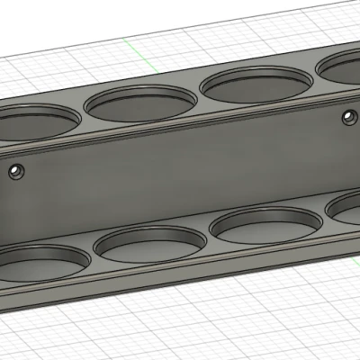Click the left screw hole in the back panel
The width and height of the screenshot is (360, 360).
pos(15,170)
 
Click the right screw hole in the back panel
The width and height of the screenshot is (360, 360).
pos(348,115)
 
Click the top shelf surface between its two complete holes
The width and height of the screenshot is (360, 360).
pos(199,100)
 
